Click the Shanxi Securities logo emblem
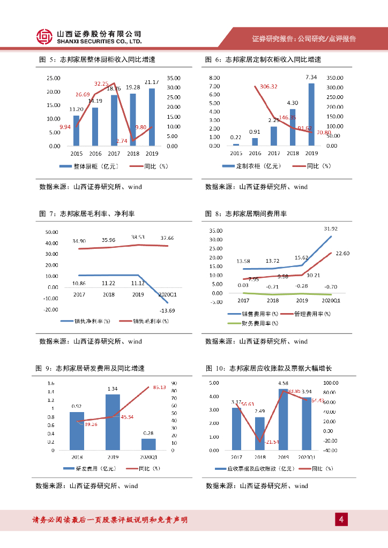pyautogui.click(x=44, y=36)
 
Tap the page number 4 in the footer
pyautogui.click(x=341, y=519)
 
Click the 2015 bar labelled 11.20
pyautogui.click(x=76, y=131)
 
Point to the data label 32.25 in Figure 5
pyautogui.click(x=101, y=83)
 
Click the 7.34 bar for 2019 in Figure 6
pyautogui.click(x=311, y=115)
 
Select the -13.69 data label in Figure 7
pyautogui.click(x=168, y=311)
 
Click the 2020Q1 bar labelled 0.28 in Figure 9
pyautogui.click(x=148, y=444)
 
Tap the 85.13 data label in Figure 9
pyautogui.click(x=159, y=387)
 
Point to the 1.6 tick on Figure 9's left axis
pyautogui.click(x=51, y=384)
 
